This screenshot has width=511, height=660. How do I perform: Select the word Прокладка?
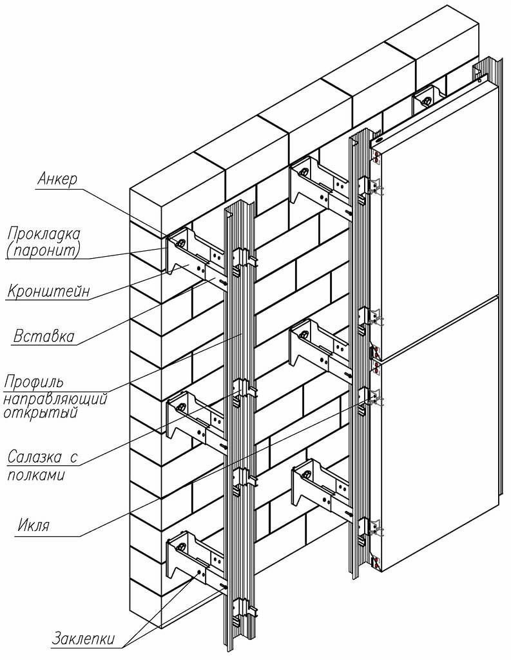pos(44,233)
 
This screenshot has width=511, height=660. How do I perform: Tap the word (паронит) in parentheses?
pos(44,250)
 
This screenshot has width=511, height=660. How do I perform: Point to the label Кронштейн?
pos(48,292)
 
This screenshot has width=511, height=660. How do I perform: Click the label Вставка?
pos(44,336)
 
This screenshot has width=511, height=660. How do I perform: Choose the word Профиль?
pos(34,380)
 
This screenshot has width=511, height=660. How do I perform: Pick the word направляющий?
pos(55,398)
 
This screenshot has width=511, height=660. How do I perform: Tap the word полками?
pos(35,475)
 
